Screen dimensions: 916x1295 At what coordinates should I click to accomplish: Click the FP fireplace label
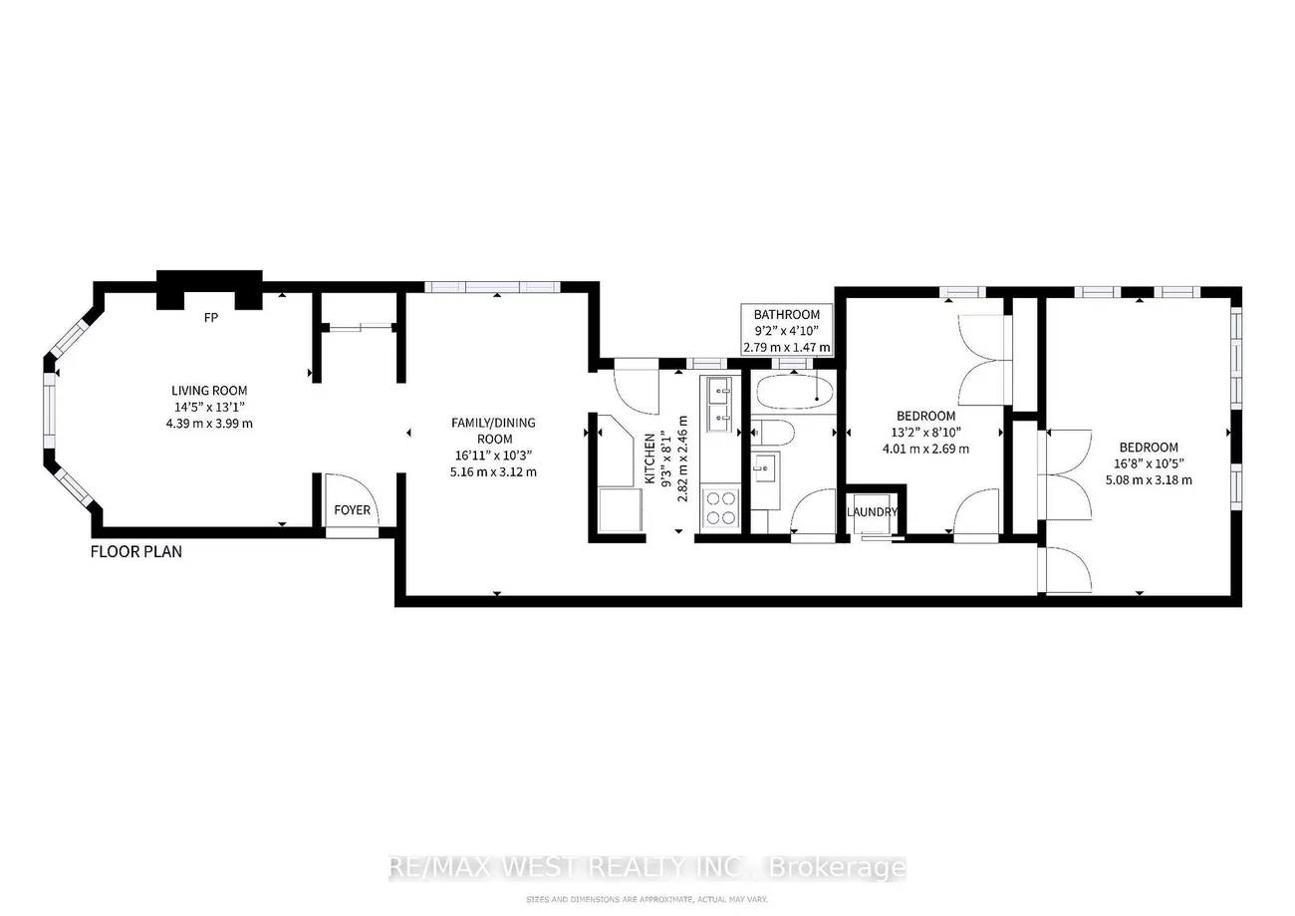tap(211, 319)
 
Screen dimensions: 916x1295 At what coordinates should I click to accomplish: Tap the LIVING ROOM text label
tap(209, 391)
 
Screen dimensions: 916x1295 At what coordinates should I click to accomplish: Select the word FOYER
tap(352, 510)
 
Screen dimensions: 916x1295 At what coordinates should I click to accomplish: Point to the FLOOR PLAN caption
tap(136, 551)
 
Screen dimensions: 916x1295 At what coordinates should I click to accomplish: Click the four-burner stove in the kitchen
tap(721, 508)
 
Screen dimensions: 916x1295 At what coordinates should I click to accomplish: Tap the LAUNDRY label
tap(873, 512)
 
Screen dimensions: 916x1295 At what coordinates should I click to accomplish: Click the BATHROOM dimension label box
tap(787, 331)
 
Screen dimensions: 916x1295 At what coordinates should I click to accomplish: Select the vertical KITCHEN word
tap(649, 458)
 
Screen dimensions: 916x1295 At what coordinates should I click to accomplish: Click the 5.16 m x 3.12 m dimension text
tap(493, 471)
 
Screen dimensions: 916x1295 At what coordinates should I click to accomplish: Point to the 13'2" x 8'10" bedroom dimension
tap(925, 432)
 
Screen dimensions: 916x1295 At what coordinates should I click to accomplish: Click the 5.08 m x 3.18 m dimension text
tap(1148, 479)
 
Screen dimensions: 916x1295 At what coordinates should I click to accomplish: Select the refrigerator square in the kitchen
tap(616, 509)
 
